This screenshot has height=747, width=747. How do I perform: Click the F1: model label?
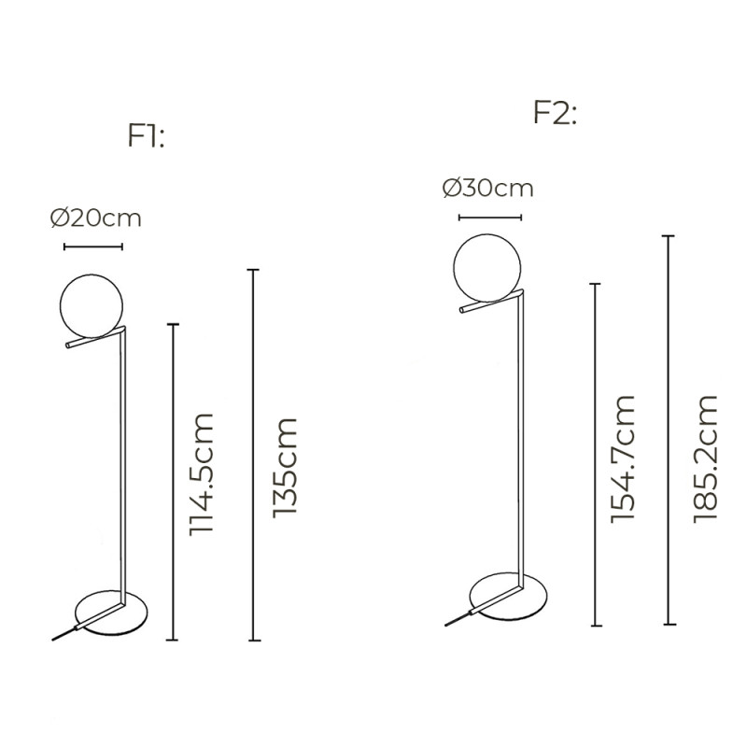coord(147,137)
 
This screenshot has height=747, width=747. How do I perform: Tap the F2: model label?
coord(555,113)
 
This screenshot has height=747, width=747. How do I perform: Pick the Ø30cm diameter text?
coord(487,188)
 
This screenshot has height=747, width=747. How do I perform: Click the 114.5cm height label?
coord(202,472)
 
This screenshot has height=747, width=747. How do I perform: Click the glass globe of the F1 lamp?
coord(91,307)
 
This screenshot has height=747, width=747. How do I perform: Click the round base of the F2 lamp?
coord(510,599)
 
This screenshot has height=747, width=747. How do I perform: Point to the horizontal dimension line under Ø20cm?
coord(92,247)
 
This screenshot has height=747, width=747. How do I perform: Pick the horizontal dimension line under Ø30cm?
coord(490,218)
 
